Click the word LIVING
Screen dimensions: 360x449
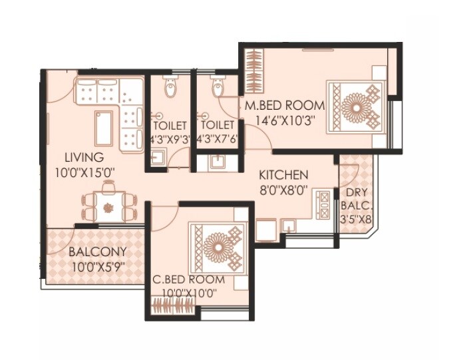point(84,158)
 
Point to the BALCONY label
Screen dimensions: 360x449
point(96,253)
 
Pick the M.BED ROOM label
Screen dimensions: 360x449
point(284,106)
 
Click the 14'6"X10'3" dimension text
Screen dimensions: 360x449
point(284,120)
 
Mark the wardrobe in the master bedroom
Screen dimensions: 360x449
point(253,72)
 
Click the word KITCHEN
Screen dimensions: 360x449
point(283,175)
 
